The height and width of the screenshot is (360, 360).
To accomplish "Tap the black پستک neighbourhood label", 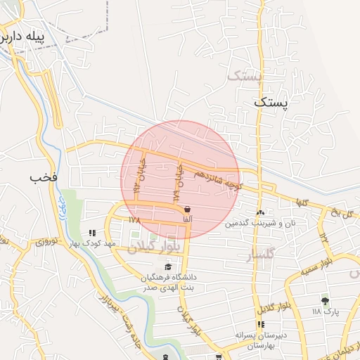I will coord(271,103).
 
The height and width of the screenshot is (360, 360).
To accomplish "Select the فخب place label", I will coord(43,177).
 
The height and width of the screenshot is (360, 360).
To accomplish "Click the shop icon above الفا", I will coord(188,209).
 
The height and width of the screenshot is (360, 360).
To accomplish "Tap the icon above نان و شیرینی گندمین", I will coord(261,212).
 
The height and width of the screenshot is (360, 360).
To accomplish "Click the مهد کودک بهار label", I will coord(93,243).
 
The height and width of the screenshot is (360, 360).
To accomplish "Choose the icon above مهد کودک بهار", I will coord(91,233).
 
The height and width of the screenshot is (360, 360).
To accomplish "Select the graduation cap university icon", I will coord(168,266).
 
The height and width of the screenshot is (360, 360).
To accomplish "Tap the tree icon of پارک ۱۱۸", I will coord(324,300).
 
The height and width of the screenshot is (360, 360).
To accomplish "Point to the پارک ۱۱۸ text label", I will coord(326,311).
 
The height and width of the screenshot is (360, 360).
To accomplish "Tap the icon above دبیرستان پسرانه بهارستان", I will coord(260,324).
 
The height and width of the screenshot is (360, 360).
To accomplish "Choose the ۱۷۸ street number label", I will coord(135,220).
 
